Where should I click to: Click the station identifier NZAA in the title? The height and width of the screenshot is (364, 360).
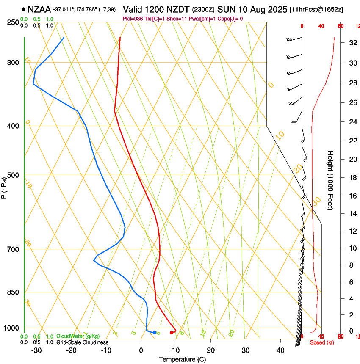pyautogui.click(x=39, y=9)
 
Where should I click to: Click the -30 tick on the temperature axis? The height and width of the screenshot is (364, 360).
pyautogui.click(x=36, y=350)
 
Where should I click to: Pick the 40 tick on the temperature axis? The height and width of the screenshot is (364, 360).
pyautogui.click(x=280, y=350)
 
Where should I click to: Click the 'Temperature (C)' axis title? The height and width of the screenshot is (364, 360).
pyautogui.click(x=182, y=359)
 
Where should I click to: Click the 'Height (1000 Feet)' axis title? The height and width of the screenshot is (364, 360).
pyautogui.click(x=331, y=180)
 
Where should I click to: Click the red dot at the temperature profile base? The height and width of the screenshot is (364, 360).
pyautogui.click(x=172, y=333)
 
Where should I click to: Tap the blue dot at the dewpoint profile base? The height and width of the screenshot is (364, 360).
pyautogui.click(x=154, y=333)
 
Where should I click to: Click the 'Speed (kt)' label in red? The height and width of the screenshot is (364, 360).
pyautogui.click(x=321, y=342)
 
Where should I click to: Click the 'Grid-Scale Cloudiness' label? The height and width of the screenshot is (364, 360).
pyautogui.click(x=82, y=342)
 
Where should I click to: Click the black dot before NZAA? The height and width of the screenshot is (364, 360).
pyautogui.click(x=23, y=9)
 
